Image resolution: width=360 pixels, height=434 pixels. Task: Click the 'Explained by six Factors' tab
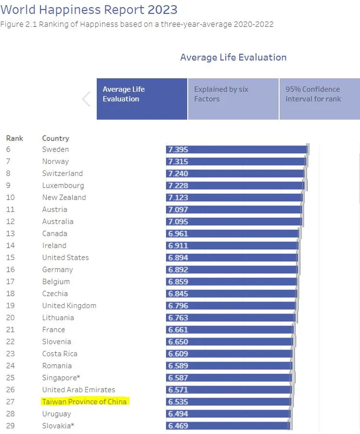(x=233, y=99)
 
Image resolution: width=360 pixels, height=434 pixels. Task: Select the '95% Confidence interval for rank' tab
(x=319, y=99)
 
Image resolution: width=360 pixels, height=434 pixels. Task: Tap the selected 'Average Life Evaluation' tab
(x=142, y=99)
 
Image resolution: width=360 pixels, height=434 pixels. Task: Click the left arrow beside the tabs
(x=87, y=99)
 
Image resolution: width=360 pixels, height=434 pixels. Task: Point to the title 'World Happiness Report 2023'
(x=89, y=9)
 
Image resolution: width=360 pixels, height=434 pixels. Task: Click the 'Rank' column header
(x=15, y=138)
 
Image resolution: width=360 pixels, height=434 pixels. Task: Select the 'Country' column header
(x=55, y=138)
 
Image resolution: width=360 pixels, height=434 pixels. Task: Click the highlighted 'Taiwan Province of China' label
(x=84, y=401)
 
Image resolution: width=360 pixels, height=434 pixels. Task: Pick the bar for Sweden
(x=237, y=149)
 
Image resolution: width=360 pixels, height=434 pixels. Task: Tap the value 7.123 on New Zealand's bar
(x=178, y=197)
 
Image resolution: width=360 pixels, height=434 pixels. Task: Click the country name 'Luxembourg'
(x=63, y=185)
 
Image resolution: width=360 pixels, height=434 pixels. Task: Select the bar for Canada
(x=233, y=233)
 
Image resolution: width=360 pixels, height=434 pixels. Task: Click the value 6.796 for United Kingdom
(x=178, y=306)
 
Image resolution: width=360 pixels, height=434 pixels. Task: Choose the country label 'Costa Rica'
(x=59, y=354)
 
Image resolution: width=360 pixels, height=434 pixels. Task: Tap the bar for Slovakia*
(x=228, y=426)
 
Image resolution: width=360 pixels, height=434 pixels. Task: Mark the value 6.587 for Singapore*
(x=178, y=378)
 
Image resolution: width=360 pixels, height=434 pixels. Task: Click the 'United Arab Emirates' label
(x=78, y=390)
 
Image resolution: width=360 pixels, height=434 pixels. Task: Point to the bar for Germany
(x=232, y=270)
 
